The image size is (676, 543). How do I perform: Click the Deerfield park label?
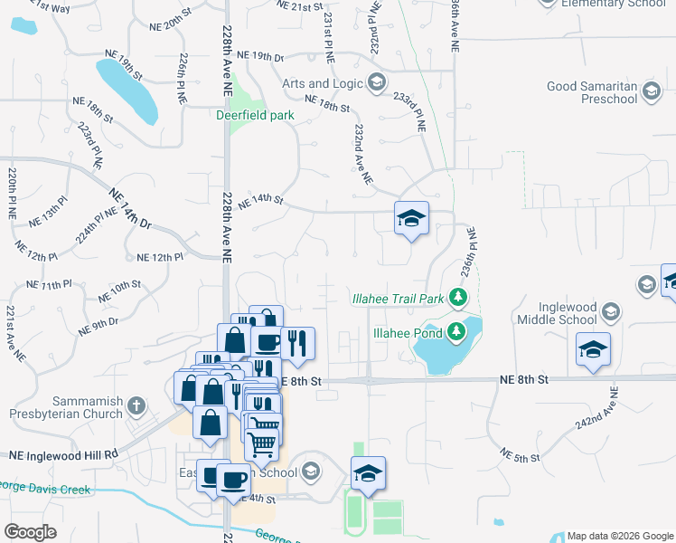pos(256,115)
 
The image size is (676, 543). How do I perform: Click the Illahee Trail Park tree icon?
pos(459,298)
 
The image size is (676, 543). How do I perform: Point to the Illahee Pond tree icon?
pos(456,332)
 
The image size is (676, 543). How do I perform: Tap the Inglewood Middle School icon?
pos(611,312)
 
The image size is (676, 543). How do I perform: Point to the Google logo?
pos(30,532)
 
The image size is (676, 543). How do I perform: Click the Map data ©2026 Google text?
pos(620,536)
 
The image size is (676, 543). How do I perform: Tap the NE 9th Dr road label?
pos(99,327)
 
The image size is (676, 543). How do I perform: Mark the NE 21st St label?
pos(301,6)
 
